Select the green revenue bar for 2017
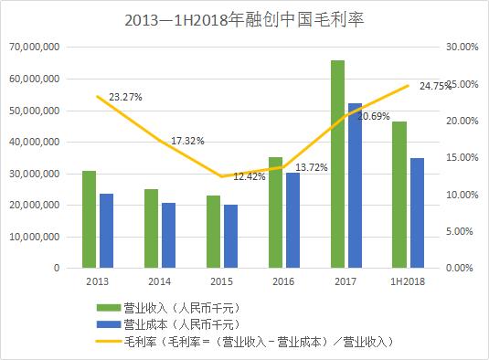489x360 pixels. (337, 164)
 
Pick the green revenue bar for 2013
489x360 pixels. (89, 219)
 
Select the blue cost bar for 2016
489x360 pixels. (292, 220)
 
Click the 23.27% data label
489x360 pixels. (125, 94)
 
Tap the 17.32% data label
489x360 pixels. (187, 141)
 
